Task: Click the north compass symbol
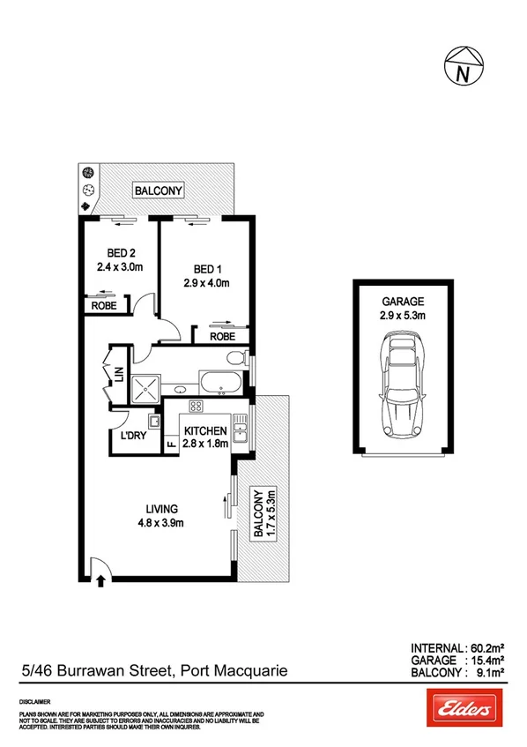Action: pos(462,68)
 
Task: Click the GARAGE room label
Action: pos(402,300)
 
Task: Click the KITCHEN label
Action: pos(205,430)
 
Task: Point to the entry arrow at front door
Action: pos(101,579)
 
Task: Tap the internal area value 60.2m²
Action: pos(486,646)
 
